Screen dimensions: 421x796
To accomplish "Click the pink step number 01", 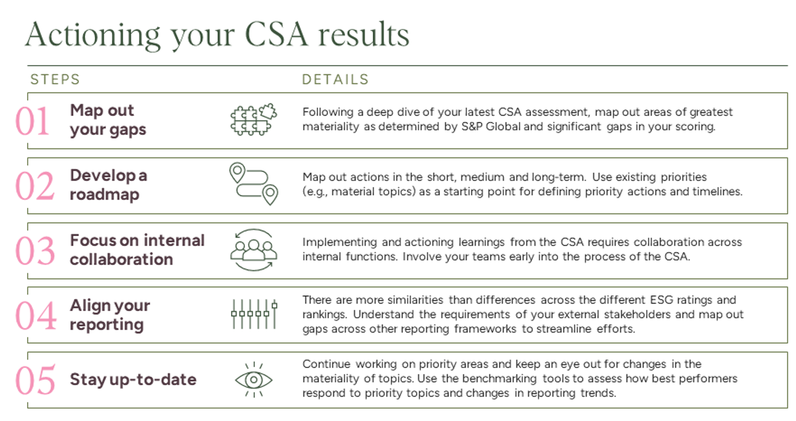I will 32,121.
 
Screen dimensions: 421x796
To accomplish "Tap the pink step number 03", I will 35,251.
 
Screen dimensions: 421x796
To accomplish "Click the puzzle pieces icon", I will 254,120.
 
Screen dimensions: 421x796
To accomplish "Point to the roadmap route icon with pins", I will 254,184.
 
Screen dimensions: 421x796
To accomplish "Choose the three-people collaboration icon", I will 254,250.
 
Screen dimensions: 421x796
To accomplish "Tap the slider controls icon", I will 254,314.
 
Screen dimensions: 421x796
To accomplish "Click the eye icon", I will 254,380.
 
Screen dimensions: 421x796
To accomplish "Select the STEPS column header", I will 55,79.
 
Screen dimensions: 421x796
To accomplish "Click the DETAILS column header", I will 335,79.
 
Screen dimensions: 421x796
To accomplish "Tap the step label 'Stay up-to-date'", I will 133,380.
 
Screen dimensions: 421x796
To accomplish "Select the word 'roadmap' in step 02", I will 104,195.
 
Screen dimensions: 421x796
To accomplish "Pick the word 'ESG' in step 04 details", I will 662,300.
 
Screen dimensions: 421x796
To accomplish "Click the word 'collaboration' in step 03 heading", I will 121,260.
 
